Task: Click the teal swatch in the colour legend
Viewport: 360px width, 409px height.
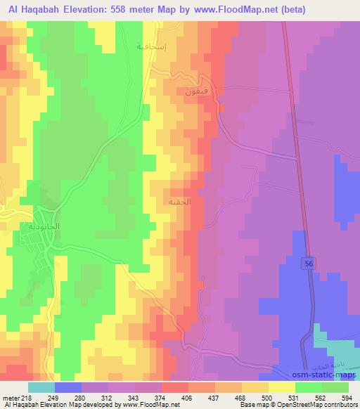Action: [x=41, y=387]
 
